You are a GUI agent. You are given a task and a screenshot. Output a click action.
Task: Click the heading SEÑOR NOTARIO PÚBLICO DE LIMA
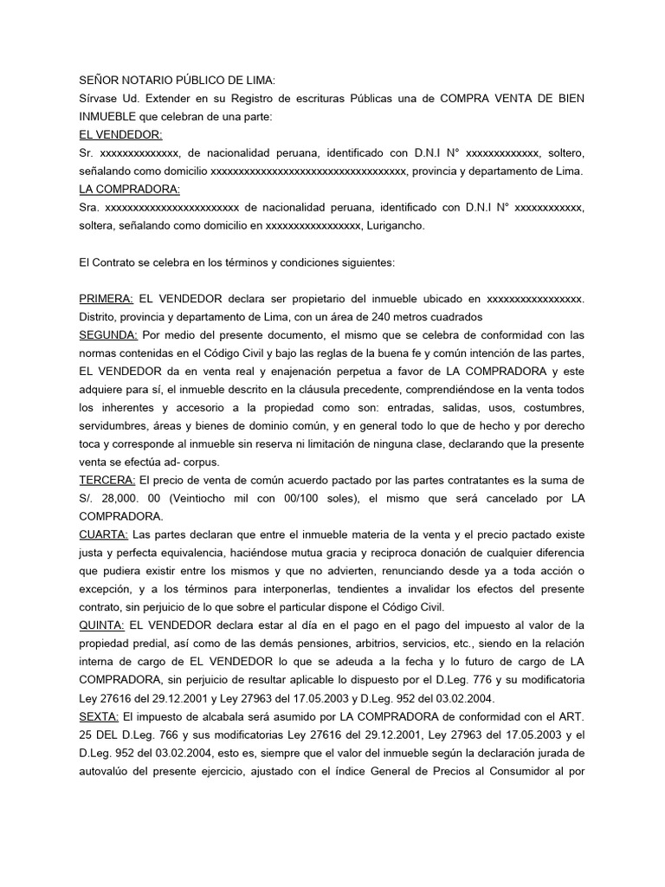tap(177, 81)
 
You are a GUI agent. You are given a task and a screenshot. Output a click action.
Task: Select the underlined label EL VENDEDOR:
tap(120, 135)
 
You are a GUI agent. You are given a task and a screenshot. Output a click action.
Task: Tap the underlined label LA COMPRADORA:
tap(129, 190)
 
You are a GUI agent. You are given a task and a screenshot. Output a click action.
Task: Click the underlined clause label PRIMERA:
tap(106, 298)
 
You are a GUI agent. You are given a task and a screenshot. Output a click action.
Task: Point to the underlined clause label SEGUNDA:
tap(108, 334)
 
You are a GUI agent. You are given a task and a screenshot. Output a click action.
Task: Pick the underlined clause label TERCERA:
tap(107, 479)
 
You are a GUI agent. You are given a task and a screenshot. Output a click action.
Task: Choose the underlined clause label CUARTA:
tap(104, 534)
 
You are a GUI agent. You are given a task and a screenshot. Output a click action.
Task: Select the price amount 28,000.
tap(118, 497)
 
